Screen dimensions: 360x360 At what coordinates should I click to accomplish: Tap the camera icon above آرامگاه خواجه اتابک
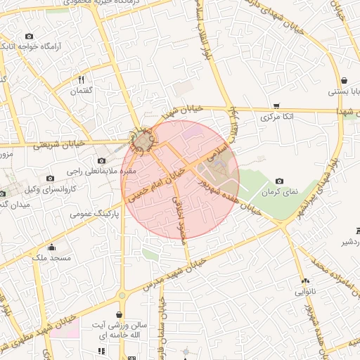pyautogui.click(x=29, y=36)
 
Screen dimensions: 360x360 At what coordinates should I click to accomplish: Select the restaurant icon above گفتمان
pyautogui.click(x=81, y=79)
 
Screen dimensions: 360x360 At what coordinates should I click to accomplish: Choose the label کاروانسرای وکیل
pyautogui.click(x=50, y=190)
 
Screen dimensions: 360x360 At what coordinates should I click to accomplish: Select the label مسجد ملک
pyautogui.click(x=51, y=259)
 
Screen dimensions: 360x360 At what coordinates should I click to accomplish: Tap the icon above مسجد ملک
pyautogui.click(x=51, y=247)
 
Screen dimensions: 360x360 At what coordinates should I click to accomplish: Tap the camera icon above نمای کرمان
pyautogui.click(x=280, y=181)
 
